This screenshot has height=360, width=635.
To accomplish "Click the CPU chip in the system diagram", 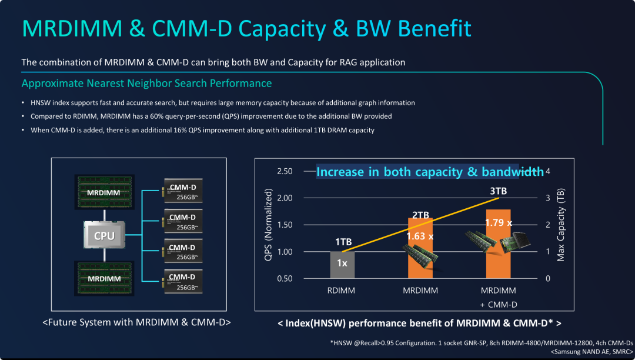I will (105, 236).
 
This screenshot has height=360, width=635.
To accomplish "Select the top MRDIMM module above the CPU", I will (103, 192).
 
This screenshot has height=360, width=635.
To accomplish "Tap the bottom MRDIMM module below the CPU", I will (103, 278).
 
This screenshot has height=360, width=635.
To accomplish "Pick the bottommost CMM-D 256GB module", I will (182, 282).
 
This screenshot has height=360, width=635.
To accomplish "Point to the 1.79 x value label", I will (498, 223).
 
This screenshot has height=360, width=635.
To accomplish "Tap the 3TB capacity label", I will (498, 191).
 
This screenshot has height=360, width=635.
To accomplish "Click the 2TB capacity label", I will (420, 215).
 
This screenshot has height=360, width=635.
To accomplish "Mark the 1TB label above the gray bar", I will (343, 242).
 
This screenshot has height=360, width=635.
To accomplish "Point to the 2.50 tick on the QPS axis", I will (284, 171).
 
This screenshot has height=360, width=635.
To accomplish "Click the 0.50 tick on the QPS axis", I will (284, 278).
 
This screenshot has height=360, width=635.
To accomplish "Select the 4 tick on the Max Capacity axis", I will (548, 171).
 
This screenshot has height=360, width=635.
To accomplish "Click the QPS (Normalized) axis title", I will (269, 225).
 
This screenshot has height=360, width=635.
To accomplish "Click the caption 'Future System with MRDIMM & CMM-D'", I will (136, 322).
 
